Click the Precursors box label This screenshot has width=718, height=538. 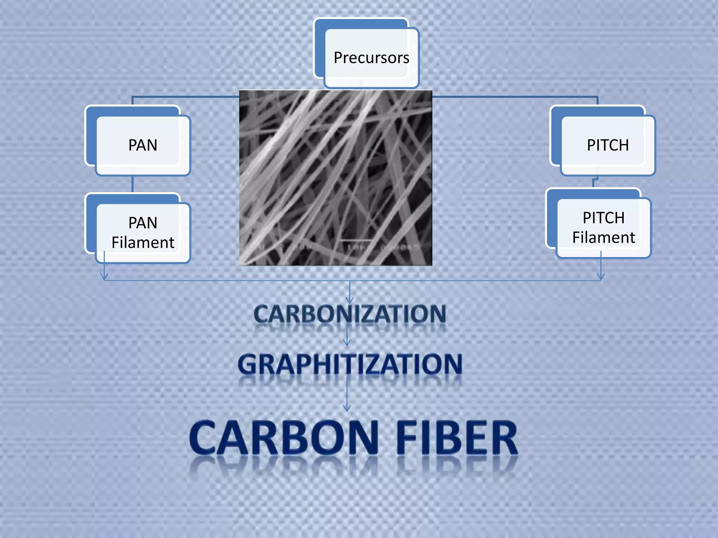point(371,58)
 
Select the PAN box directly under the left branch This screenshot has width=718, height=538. point(142,145)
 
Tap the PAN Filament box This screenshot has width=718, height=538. point(142,232)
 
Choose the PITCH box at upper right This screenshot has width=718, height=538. point(608,145)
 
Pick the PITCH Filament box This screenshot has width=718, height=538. point(603,227)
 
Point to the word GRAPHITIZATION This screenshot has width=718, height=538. point(350,364)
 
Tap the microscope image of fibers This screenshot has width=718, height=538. point(336,178)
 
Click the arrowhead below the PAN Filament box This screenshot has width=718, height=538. point(104,277)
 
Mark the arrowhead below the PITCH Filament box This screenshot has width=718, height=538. point(601,277)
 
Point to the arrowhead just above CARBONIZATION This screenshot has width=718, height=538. point(350,300)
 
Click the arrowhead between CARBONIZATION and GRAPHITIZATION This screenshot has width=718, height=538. point(347,342)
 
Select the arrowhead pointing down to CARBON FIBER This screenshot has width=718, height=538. point(347,408)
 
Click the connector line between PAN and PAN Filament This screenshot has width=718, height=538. point(133,184)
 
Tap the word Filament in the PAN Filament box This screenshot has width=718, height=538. point(143,242)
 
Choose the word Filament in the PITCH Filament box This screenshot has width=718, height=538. point(603,237)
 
